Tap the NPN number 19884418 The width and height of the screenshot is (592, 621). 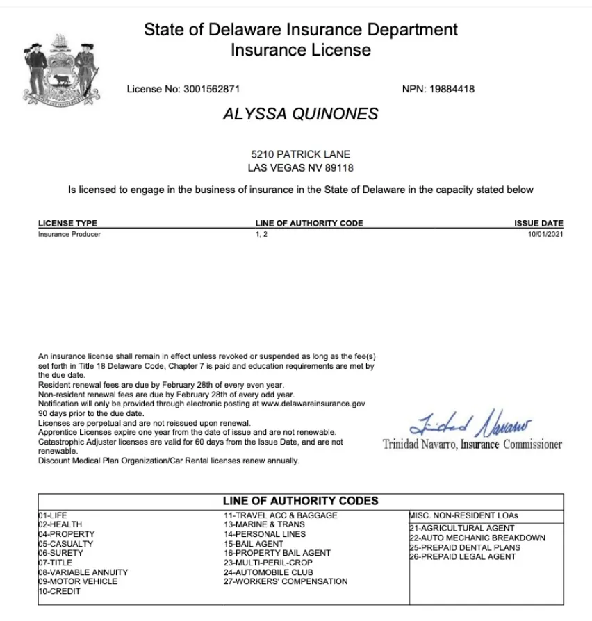[452, 89]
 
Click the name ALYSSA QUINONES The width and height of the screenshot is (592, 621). [300, 115]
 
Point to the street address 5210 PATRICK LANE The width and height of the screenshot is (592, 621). [300, 154]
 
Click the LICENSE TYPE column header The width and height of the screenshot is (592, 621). [67, 224]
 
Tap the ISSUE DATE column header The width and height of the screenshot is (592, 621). [538, 224]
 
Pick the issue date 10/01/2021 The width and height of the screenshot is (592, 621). [545, 234]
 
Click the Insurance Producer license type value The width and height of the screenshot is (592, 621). [69, 234]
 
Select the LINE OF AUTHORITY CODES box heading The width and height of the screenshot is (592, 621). [300, 501]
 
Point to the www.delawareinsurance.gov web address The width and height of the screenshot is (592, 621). [313, 403]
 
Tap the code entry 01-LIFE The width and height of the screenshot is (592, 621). [53, 515]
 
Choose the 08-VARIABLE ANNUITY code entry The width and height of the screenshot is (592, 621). [83, 572]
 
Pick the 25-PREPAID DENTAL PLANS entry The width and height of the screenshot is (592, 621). [465, 547]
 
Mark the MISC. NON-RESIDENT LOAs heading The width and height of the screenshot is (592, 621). [463, 515]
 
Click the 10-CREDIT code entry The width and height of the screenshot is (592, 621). [59, 591]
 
